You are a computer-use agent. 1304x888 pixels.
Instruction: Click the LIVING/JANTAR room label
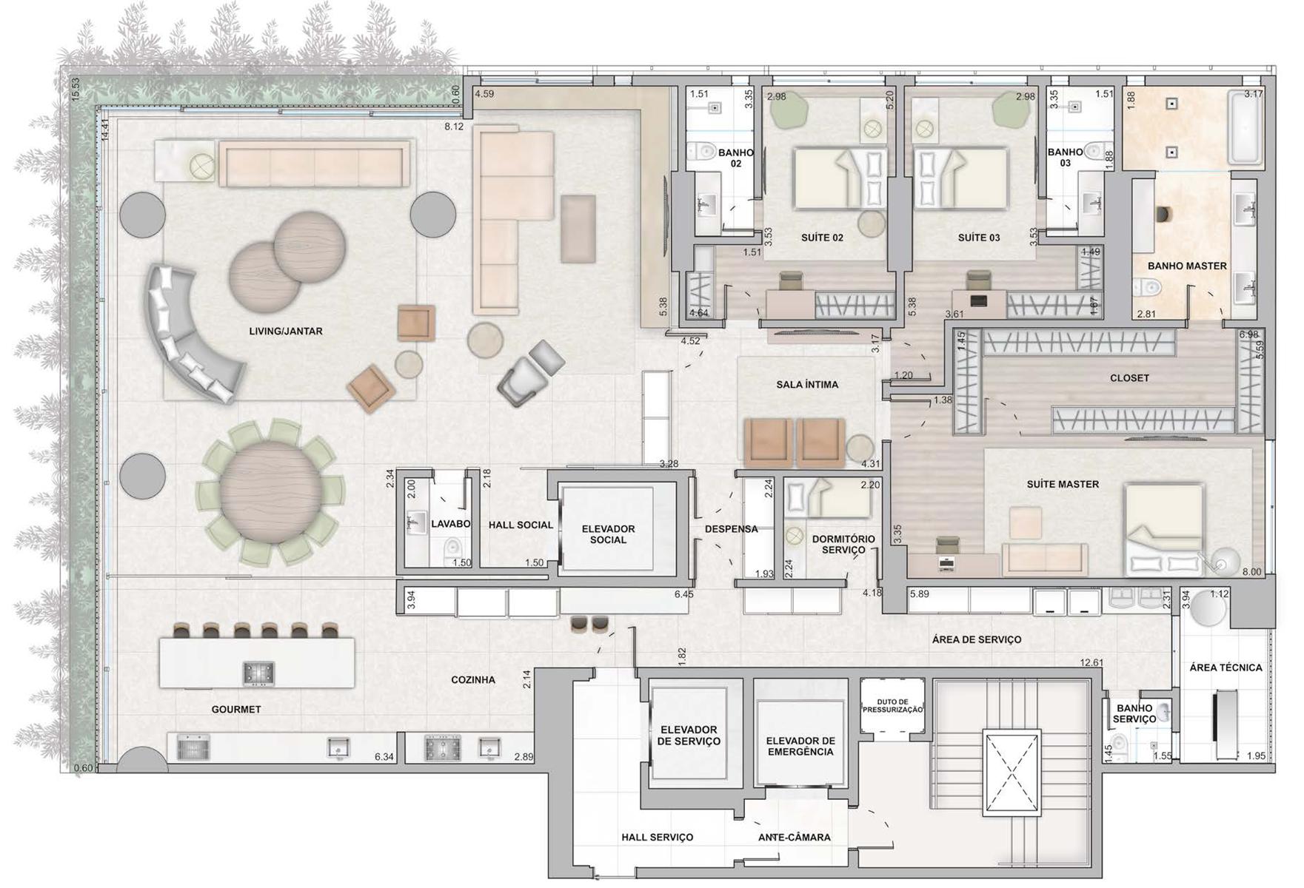pyautogui.click(x=286, y=332)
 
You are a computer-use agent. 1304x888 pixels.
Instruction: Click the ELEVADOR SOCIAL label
pyautogui.click(x=608, y=534)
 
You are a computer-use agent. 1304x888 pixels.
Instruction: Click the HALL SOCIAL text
pyautogui.click(x=521, y=525)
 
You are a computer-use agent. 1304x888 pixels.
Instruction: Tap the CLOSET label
pyautogui.click(x=1129, y=378)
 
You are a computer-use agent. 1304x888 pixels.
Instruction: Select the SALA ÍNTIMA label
pyautogui.click(x=807, y=385)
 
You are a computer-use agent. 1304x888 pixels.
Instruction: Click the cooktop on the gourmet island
pyautogui.click(x=259, y=673)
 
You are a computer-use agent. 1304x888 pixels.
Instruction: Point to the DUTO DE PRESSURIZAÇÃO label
pyautogui.click(x=892, y=706)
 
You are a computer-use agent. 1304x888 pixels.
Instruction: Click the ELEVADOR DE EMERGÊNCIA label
pyautogui.click(x=800, y=746)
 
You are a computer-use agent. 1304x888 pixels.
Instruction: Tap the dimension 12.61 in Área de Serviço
pyautogui.click(x=1091, y=663)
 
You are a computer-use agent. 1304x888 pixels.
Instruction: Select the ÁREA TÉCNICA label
pyautogui.click(x=1226, y=667)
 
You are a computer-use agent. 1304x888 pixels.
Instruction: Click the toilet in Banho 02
pyautogui.click(x=700, y=152)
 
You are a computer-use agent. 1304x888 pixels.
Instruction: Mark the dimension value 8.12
pyautogui.click(x=454, y=127)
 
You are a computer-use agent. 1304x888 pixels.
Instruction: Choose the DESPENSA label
pyautogui.click(x=731, y=529)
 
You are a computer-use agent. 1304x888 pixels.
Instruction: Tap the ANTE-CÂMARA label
pyautogui.click(x=794, y=838)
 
